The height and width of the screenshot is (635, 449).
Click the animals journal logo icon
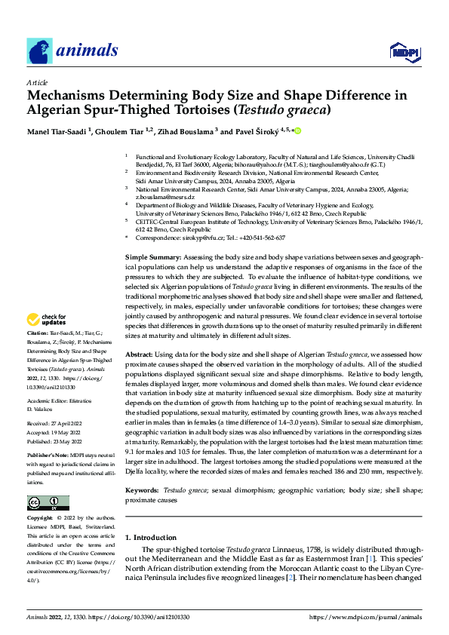[x=40, y=51]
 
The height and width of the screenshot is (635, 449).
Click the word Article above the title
[x=37, y=82]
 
